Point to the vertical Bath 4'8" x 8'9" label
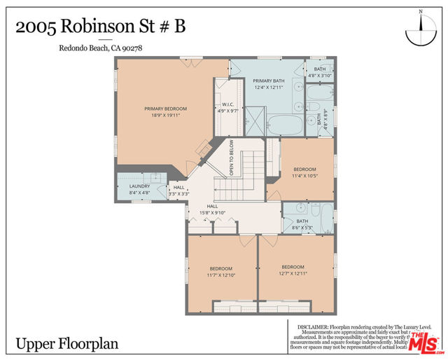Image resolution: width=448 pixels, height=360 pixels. (x=320, y=118)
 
